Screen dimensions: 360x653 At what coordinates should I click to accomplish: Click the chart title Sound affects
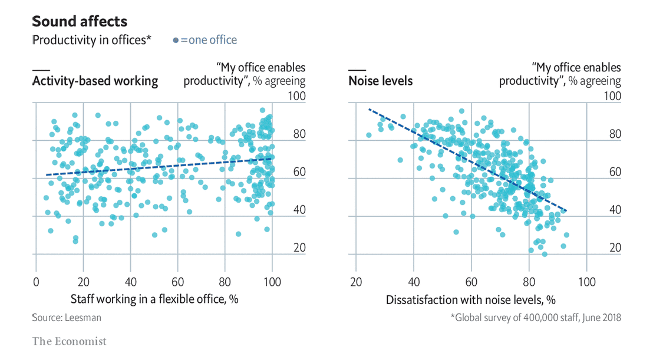[x=79, y=22]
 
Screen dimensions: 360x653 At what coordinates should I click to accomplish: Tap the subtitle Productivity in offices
[x=91, y=40]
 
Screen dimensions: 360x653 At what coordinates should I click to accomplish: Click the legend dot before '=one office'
[x=176, y=41]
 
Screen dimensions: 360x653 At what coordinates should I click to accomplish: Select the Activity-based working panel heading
[x=95, y=81]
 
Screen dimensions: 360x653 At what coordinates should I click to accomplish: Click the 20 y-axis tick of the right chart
[x=614, y=248]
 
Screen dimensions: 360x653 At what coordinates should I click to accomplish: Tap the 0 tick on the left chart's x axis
[x=37, y=282]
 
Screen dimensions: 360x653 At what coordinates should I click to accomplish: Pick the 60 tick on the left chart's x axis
[x=177, y=282]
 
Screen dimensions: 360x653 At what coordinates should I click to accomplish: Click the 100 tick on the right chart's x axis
[x=586, y=282]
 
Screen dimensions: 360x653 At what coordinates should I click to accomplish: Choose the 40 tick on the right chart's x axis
[x=414, y=282]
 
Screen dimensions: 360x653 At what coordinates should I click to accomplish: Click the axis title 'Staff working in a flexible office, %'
[x=154, y=299]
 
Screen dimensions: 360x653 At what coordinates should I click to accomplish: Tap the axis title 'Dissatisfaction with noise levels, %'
[x=471, y=299]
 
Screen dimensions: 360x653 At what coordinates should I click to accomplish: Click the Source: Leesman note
[x=67, y=318]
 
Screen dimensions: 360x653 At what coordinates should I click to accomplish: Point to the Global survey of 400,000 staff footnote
[x=536, y=318]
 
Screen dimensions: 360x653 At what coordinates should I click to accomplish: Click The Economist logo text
[x=69, y=341]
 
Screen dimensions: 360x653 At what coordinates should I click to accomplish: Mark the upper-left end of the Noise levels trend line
[x=370, y=110]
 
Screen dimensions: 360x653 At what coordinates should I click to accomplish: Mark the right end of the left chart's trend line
[x=272, y=158]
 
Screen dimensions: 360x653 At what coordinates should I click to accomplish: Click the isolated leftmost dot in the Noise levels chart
[x=369, y=135]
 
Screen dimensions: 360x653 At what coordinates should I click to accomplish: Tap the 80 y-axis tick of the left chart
[x=299, y=134]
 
